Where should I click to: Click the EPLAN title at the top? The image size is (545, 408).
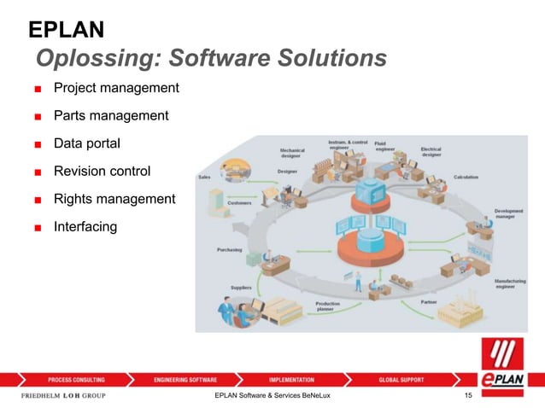pos(67,31)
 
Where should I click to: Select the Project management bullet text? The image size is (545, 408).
pos(116,88)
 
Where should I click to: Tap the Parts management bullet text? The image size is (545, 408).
pos(111,115)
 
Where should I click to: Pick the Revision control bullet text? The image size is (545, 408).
pos(102,171)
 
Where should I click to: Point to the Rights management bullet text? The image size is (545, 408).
pos(114,199)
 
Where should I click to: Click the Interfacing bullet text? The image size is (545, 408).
pos(85,227)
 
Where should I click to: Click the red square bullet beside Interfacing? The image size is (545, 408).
pos(38,228)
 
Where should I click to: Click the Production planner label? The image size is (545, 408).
pos(329,306)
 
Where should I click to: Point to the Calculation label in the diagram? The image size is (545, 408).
pos(466,178)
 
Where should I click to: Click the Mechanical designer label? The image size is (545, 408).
pos(292,152)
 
